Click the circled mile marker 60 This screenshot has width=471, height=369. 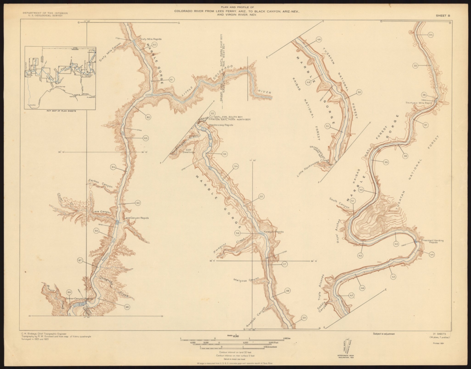[x=155, y=45]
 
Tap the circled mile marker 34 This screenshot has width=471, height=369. [x=431, y=35]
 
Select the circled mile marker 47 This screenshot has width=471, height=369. [x=351, y=296]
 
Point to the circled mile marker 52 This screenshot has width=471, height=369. [x=212, y=113]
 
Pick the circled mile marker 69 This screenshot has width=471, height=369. [x=69, y=292]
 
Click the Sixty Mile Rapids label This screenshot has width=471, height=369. [x=151, y=39]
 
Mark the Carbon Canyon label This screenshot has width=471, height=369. [x=100, y=183]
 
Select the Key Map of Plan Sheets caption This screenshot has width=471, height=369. [x=60, y=111]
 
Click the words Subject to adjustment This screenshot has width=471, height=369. [x=384, y=333]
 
